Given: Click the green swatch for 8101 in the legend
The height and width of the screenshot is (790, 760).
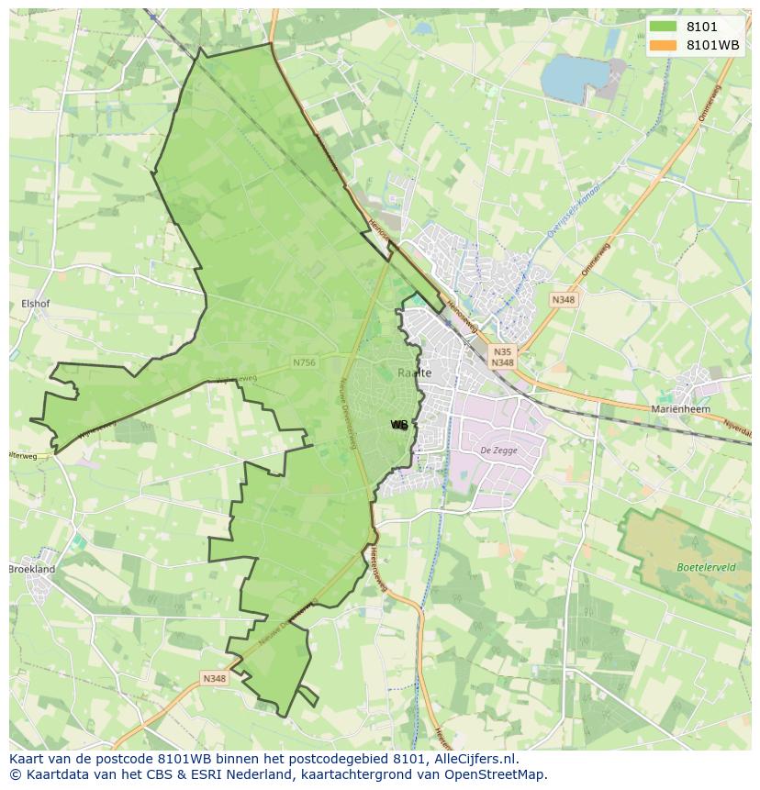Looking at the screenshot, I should [662, 28].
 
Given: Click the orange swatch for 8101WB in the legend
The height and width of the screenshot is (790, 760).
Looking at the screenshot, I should [662, 45].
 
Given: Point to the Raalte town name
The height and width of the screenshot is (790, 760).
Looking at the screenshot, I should [415, 373].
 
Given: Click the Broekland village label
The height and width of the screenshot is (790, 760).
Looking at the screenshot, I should [31, 569].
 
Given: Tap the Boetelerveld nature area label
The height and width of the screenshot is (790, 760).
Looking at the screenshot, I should [706, 567].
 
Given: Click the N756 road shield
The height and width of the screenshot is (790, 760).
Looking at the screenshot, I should [304, 362].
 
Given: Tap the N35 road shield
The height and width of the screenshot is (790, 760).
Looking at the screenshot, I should [501, 350].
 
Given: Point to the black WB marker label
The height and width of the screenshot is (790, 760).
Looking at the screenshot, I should [399, 425].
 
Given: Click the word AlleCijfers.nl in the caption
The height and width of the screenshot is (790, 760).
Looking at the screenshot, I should [474, 759].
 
